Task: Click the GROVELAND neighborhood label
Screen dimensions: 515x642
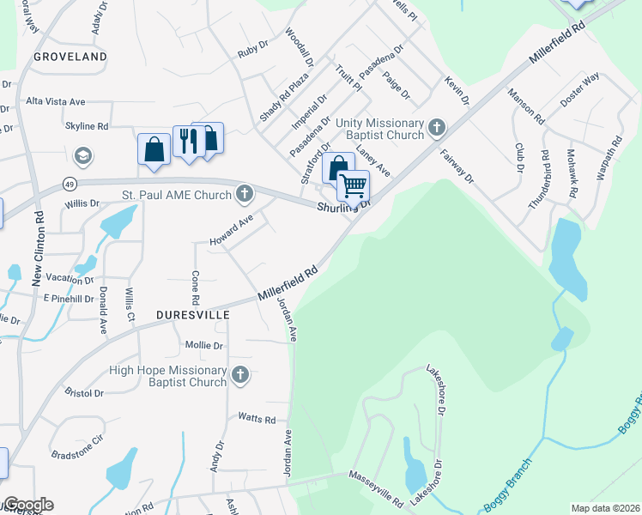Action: coord(70,57)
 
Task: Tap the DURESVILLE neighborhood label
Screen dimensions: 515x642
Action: coord(193,315)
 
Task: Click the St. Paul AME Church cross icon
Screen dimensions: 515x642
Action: coord(245,194)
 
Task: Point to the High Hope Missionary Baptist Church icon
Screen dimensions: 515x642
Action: coord(240,375)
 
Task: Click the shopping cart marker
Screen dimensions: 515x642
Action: coord(353,185)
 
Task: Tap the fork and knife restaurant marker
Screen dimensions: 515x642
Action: coord(187,139)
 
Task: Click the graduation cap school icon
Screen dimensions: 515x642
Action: coord(83,156)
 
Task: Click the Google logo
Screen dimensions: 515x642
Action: coord(27,505)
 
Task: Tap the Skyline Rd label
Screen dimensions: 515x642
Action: coord(86,125)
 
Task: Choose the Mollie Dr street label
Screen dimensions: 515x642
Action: coord(204,345)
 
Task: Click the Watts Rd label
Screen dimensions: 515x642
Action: coord(257,420)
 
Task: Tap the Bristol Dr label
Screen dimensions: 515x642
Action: coord(84,392)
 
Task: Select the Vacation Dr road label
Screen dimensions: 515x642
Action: coord(70,280)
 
